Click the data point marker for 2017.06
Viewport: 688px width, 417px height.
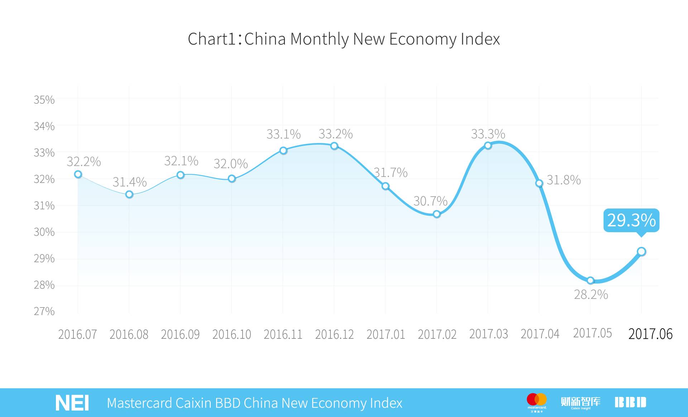[641, 252]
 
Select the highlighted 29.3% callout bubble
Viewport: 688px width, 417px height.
[631, 220]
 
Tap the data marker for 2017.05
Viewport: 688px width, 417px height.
[591, 280]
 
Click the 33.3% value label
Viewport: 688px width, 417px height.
[488, 134]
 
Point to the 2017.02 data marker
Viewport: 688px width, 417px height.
[436, 214]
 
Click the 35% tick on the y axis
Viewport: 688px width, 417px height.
[44, 100]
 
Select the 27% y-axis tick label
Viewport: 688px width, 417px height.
[44, 311]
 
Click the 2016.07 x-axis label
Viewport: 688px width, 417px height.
[77, 334]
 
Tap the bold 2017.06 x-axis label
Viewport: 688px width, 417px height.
[650, 334]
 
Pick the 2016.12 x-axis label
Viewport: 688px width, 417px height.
[334, 334]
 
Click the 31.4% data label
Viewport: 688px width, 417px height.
[129, 182]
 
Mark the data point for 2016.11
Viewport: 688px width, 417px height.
[283, 150]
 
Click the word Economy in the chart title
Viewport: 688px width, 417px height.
[422, 39]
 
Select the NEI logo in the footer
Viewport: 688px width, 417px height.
[72, 403]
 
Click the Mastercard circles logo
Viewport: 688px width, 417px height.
[537, 399]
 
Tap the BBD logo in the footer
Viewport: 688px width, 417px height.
[630, 402]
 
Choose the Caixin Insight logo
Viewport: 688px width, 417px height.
[580, 402]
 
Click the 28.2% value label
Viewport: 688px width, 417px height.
[591, 295]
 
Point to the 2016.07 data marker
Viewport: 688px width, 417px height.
[78, 174]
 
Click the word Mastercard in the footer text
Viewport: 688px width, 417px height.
[139, 403]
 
